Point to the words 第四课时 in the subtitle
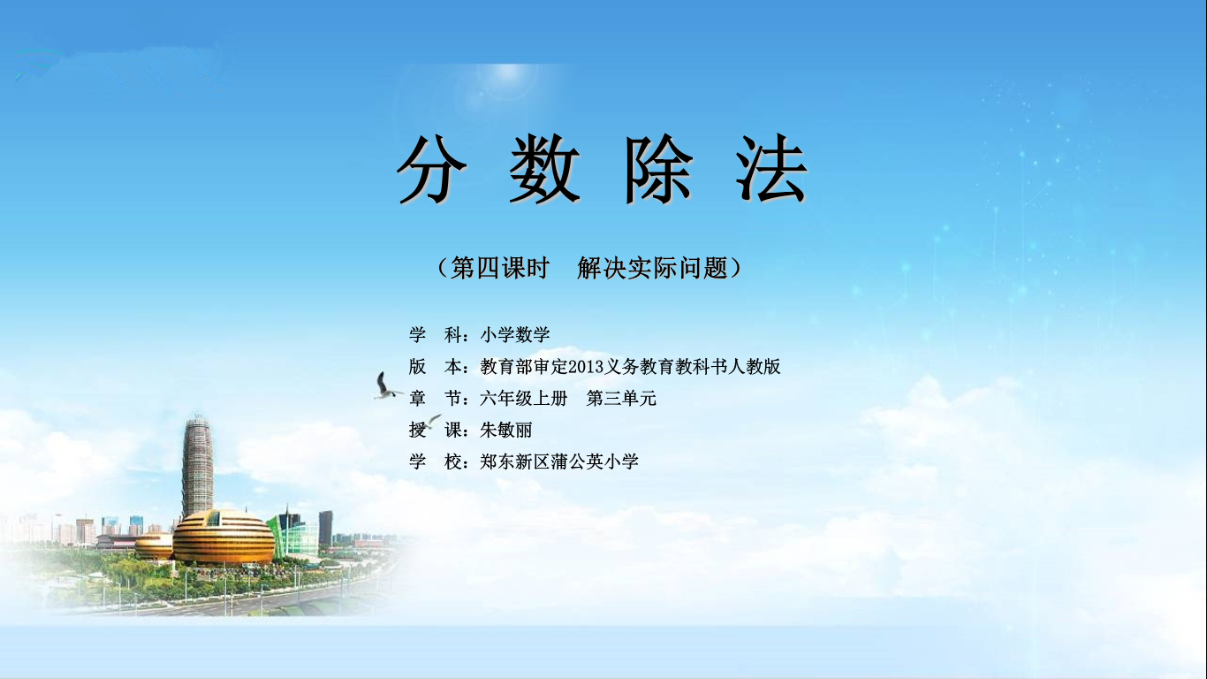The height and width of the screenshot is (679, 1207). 500,268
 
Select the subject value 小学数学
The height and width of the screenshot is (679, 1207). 514,335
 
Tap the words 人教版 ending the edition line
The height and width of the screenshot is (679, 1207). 754,367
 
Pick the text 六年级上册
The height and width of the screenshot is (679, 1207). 524,399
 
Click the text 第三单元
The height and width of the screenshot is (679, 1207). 621,399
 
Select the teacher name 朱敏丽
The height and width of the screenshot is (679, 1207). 506,430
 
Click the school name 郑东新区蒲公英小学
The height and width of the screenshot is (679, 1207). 559,462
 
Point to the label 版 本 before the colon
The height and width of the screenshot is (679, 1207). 435,367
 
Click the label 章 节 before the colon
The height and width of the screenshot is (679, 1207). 435,399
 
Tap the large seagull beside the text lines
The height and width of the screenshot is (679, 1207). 386,386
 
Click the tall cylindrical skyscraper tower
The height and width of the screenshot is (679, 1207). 198,466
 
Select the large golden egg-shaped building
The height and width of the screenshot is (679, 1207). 224,538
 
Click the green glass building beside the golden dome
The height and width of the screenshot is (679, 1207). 294,534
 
